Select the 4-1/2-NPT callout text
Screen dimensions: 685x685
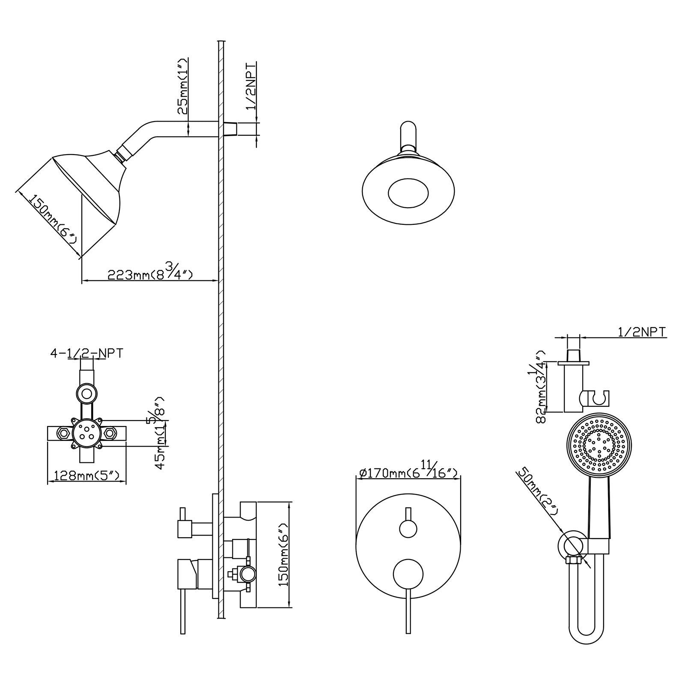pyautogui.click(x=87, y=353)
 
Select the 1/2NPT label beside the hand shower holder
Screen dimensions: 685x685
pyautogui.click(x=641, y=332)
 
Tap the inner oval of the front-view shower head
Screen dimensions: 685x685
pyautogui.click(x=408, y=193)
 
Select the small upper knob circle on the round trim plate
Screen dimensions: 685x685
pyautogui.click(x=408, y=527)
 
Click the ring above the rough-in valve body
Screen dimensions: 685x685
pyautogui.click(x=87, y=393)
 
